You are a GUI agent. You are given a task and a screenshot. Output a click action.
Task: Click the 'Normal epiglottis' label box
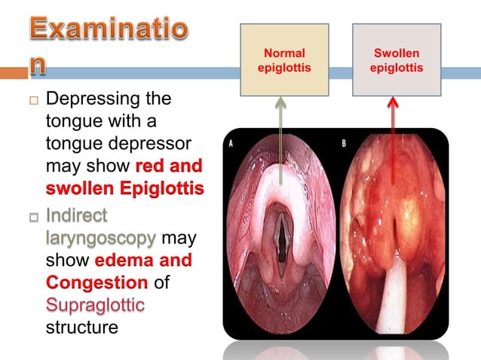click(284, 59)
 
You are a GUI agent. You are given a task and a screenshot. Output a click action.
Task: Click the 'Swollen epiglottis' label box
click(397, 59)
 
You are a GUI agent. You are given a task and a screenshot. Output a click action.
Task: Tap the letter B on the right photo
click(342, 143)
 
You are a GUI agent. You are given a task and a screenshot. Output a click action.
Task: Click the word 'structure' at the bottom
click(81, 328)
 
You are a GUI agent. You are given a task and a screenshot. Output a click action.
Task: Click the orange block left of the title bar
click(13, 74)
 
